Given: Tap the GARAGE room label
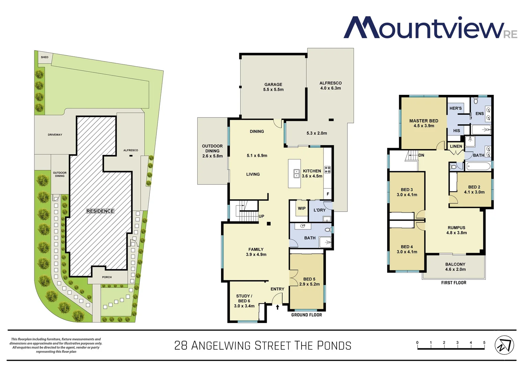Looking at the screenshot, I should [273, 87].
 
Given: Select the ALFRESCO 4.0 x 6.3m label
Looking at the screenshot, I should [330, 86].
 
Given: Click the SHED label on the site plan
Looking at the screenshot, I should [45, 57].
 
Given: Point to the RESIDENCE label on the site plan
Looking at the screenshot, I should [100, 211].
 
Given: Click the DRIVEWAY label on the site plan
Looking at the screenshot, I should [55, 135].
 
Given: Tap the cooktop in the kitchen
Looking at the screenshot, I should [328, 169].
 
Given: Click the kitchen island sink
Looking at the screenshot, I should [296, 173].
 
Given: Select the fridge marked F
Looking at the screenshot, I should [328, 194].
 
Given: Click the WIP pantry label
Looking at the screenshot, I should [302, 208].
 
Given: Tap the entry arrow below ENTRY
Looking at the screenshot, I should [277, 307].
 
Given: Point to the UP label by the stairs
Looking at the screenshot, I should [261, 216].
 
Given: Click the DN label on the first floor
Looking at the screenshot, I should [421, 155].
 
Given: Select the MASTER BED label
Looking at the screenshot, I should [424, 123].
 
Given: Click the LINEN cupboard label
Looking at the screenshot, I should [456, 146].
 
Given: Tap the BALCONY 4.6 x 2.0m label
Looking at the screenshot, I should [455, 267].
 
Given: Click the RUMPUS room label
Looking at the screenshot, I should [456, 230].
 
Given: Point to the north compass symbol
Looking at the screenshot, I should [504, 346].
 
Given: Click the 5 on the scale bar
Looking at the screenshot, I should [484, 342].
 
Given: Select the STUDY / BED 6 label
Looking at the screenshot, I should [244, 301].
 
